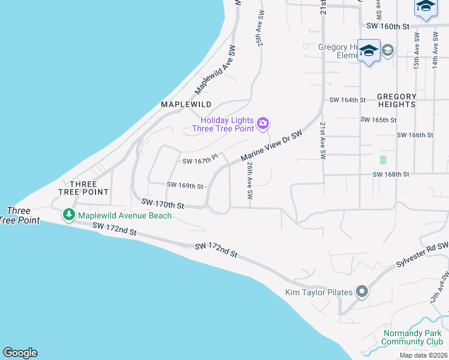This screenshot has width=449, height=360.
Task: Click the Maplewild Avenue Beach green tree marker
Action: pos(70,214)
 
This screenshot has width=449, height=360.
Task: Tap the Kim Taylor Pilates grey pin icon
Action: pos(361,292)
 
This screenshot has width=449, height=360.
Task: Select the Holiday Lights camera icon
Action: pos(262,124)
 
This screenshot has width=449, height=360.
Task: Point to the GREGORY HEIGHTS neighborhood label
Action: pos(396,100)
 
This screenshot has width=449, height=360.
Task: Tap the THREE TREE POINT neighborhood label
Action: pos(83,188)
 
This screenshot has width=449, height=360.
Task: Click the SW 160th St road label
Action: pos(387,26)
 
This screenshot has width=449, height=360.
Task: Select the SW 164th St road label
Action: pos(348,100)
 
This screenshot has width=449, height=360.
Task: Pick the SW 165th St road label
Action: pos(379,120)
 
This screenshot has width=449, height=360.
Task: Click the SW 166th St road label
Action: pos(415,135)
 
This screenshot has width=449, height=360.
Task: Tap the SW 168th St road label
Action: pos(391,174)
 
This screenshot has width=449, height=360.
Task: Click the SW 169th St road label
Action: pos(185,185)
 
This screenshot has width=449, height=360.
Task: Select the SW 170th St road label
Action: pos(162,205)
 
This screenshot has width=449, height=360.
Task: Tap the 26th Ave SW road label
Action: pos(250,181)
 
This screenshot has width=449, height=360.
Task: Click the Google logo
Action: pos(20,353)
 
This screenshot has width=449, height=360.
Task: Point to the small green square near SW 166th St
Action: pos(383,160)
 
